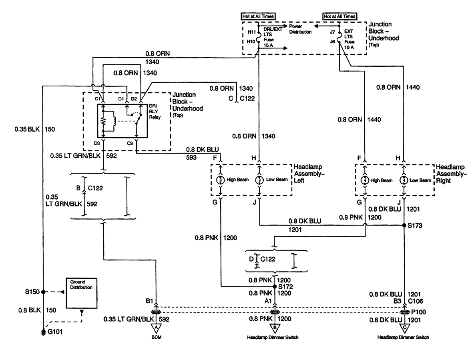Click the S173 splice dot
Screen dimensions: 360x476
404,225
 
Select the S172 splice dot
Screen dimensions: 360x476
274,286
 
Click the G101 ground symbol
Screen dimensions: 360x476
43,332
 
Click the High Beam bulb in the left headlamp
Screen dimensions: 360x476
220,180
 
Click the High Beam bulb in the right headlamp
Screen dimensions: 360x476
365,180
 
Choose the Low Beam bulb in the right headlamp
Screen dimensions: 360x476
404,180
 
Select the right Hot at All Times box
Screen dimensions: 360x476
339,16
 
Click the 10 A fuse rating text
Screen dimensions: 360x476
349,47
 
